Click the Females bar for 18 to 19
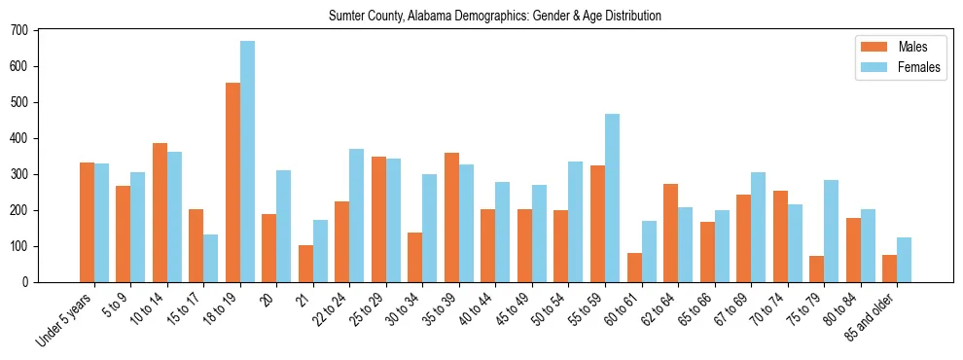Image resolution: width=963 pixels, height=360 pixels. coord(248,162)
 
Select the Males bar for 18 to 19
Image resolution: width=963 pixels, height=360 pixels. coord(233,182)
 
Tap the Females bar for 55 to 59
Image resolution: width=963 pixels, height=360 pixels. coord(613,198)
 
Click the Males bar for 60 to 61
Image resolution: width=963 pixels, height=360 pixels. coord(634,268)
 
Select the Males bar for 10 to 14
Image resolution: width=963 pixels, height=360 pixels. coord(160,212)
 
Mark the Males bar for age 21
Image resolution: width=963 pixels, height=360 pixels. coord(306,264)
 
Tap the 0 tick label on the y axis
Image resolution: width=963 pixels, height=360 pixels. coord(27,282)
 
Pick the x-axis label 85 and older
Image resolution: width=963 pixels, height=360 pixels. coord(880,318)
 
